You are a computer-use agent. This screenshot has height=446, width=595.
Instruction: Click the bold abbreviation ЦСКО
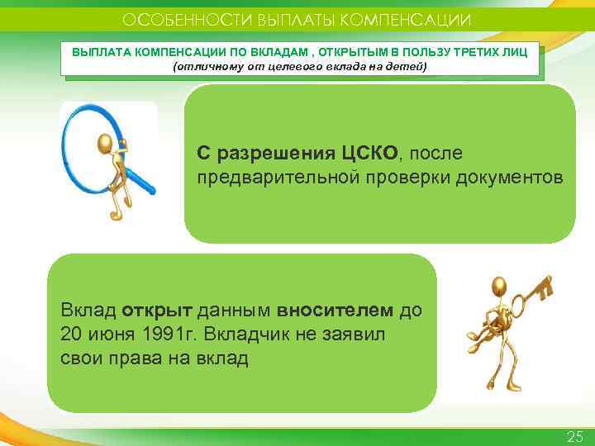(x=369, y=154)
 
